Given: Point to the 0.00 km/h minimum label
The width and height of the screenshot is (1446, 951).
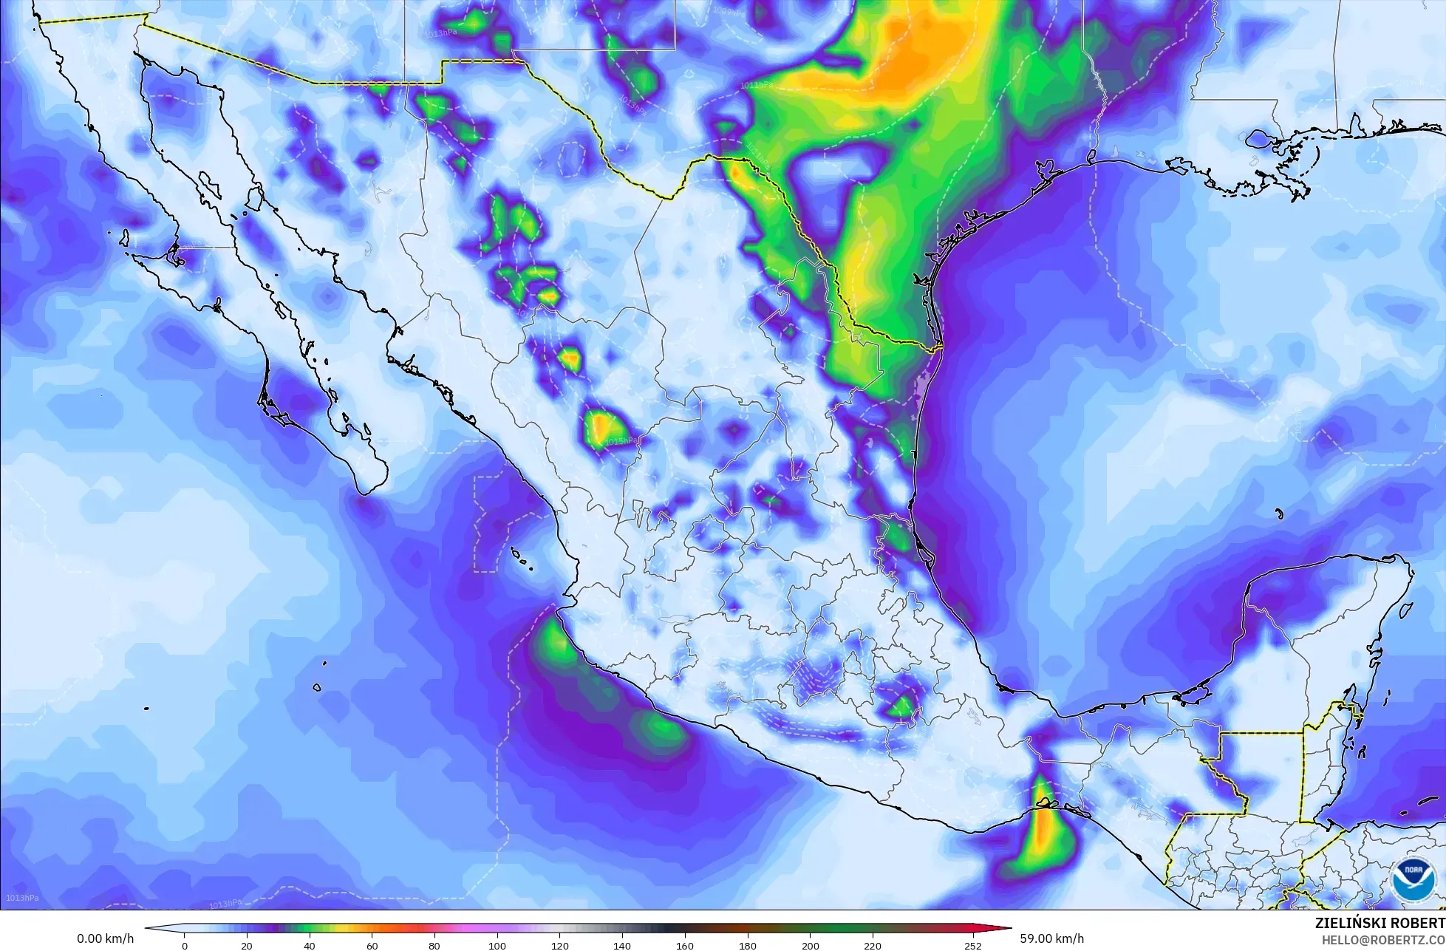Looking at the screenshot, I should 105,938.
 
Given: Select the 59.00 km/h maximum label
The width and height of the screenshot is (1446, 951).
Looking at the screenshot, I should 1051,938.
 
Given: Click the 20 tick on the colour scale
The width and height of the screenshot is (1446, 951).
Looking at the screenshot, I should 247,946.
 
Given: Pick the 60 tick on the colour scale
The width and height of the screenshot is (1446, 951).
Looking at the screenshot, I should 372,946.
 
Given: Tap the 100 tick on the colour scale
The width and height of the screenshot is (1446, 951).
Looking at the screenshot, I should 497,946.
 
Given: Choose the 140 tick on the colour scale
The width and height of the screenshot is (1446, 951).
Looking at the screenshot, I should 622,946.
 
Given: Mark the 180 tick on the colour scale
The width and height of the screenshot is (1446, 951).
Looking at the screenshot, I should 748,946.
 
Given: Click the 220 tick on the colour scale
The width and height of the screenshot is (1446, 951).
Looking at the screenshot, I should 873,946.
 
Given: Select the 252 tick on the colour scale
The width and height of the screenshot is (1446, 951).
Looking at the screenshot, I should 973,946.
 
